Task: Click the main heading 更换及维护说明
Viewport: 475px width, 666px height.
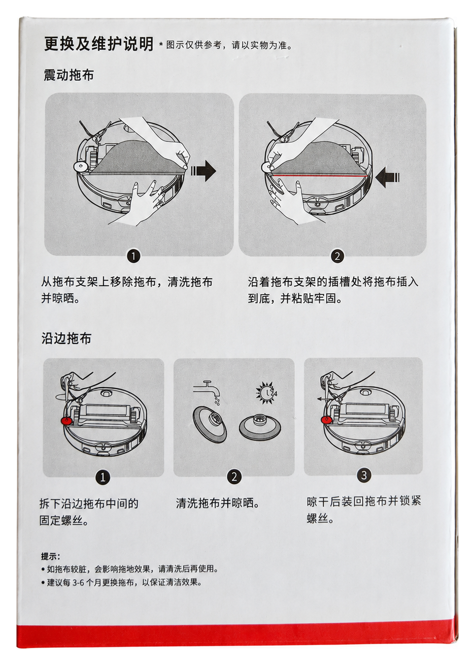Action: pyautogui.click(x=98, y=44)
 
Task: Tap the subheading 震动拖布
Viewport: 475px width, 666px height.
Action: pyautogui.click(x=69, y=75)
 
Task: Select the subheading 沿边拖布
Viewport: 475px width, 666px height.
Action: pyautogui.click(x=66, y=338)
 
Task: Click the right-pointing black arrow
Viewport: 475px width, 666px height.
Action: pyautogui.click(x=203, y=171)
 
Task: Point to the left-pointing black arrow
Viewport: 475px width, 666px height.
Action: pyautogui.click(x=387, y=177)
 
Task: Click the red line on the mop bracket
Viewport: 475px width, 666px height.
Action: pyautogui.click(x=320, y=176)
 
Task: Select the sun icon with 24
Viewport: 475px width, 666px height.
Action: pyautogui.click(x=266, y=393)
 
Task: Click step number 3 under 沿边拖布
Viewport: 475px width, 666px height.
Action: pyautogui.click(x=363, y=475)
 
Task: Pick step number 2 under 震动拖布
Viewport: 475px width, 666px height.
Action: pyautogui.click(x=337, y=257)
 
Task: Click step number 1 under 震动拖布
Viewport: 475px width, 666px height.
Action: pyautogui.click(x=133, y=256)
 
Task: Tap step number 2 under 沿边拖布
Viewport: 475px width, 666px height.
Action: pyautogui.click(x=234, y=477)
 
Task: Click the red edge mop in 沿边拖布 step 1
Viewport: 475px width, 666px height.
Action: pyautogui.click(x=66, y=421)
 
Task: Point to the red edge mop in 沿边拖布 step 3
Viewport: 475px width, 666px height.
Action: pyautogui.click(x=326, y=419)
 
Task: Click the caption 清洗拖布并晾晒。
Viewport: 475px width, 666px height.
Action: pyautogui.click(x=218, y=503)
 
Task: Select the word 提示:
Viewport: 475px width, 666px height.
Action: pyautogui.click(x=51, y=556)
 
